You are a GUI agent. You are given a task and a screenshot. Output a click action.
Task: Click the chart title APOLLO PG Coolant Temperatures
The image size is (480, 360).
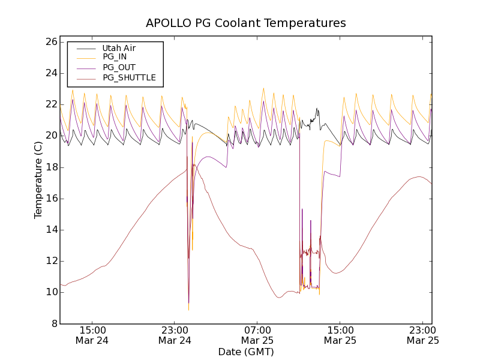(246, 23)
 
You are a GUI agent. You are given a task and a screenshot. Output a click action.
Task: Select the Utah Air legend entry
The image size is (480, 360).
(119, 48)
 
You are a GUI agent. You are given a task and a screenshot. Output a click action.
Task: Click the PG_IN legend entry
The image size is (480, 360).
(115, 57)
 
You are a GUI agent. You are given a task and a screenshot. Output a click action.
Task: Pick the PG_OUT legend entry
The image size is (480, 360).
(119, 67)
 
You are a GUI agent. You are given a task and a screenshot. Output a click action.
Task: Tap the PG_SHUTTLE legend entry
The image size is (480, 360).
(129, 77)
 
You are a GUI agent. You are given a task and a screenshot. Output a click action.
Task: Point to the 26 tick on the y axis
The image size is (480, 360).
(50, 42)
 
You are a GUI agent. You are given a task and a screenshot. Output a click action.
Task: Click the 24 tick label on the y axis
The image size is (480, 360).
(50, 73)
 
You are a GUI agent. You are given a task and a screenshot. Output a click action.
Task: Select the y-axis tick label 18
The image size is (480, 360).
(50, 167)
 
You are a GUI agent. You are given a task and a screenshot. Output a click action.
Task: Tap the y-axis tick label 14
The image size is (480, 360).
(50, 229)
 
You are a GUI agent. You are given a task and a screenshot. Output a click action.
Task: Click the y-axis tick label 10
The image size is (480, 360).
(50, 292)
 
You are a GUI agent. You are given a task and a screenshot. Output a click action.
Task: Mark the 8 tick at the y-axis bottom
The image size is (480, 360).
(53, 323)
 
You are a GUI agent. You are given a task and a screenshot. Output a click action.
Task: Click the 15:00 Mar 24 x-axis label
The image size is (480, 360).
(92, 335)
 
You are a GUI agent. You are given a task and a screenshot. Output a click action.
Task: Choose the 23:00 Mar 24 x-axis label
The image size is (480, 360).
(175, 335)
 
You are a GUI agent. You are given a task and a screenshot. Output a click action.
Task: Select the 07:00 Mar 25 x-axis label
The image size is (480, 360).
(257, 335)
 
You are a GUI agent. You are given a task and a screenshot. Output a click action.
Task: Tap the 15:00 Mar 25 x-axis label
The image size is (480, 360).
(340, 335)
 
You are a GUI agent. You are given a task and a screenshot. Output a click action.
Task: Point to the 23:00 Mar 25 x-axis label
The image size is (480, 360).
(422, 335)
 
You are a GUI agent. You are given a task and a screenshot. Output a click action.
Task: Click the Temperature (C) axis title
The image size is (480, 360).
(38, 179)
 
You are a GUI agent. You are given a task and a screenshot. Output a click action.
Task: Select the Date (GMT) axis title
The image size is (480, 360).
(246, 352)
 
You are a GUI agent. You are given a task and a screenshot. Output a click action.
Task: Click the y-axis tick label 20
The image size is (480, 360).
(50, 136)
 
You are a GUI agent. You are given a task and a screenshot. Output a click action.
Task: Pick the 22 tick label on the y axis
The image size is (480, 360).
(50, 104)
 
